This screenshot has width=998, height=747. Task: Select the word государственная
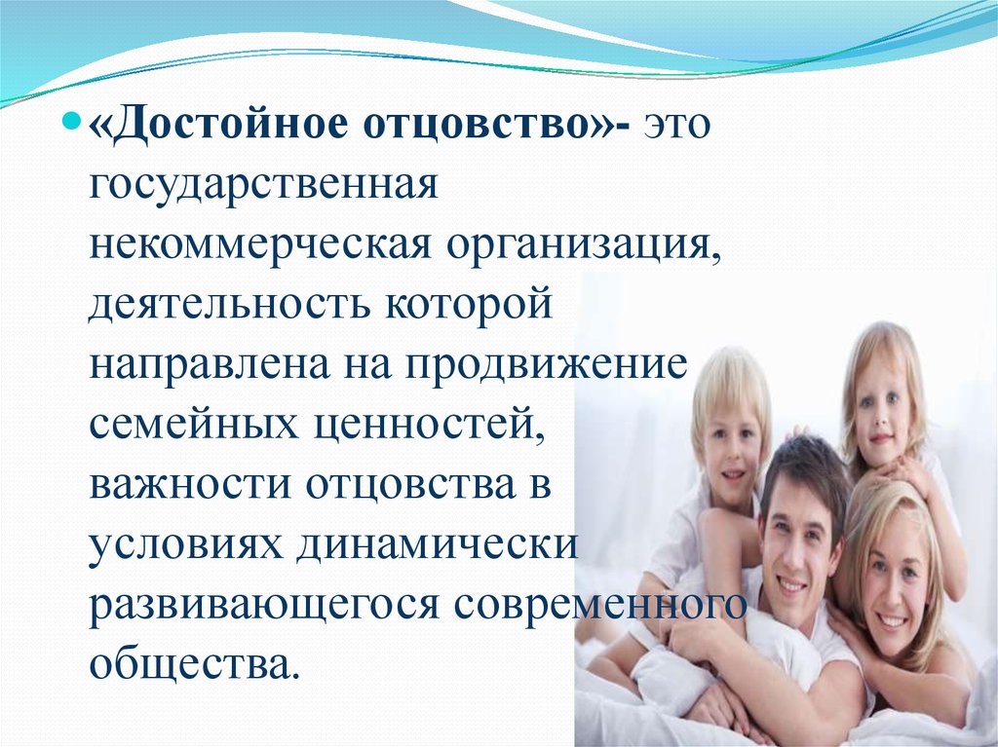click(263, 185)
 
